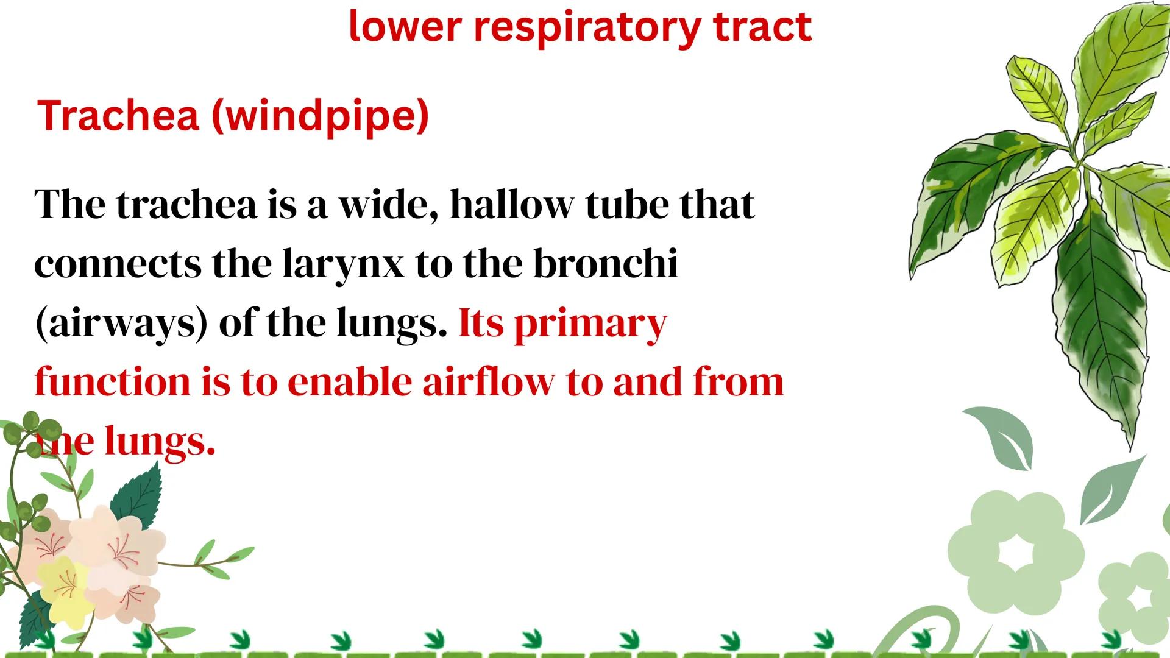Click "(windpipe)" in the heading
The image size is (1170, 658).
(321, 116)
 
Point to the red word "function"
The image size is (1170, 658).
(113, 382)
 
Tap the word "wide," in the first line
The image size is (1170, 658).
(388, 205)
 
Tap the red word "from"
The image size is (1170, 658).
(739, 382)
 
